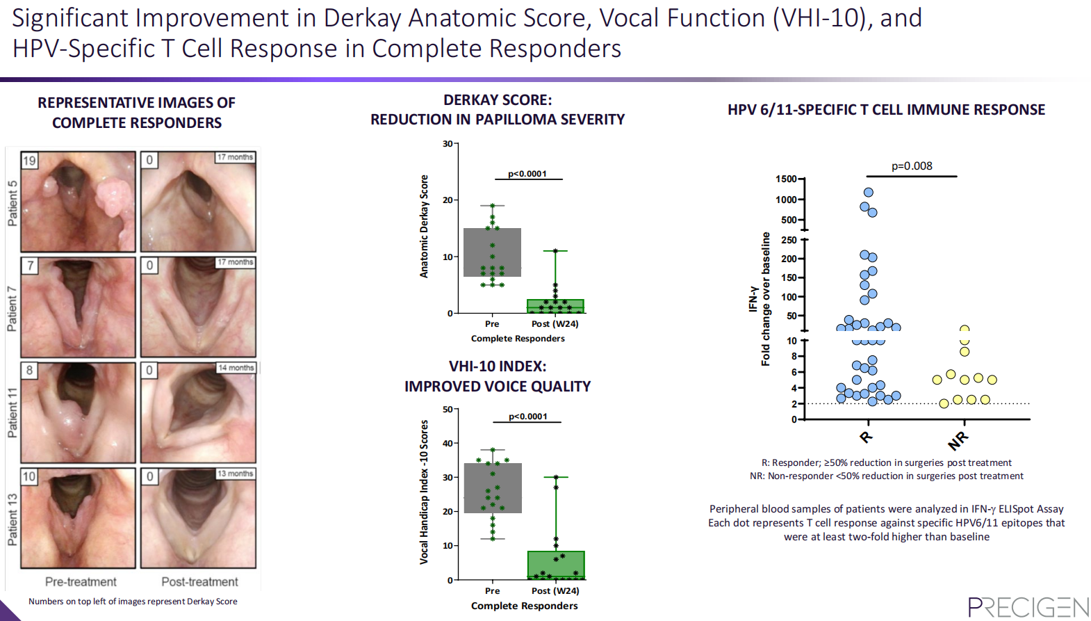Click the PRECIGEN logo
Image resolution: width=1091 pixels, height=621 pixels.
[1028, 606]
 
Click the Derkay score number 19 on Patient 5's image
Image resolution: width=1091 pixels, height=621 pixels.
[29, 161]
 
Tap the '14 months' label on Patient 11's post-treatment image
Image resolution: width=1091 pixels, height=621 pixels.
[236, 368]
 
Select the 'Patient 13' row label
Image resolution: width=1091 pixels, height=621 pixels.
[13, 519]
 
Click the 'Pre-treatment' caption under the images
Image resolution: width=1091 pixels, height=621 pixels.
[81, 581]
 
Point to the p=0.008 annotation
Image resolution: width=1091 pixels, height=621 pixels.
[912, 166]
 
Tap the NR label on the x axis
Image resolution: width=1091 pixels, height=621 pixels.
[958, 440]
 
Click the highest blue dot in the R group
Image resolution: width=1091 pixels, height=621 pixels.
[869, 193]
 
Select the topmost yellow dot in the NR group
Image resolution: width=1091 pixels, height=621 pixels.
[965, 330]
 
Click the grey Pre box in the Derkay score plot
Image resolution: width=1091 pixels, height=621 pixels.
[492, 252]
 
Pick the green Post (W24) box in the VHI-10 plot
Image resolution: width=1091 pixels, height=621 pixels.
[555, 565]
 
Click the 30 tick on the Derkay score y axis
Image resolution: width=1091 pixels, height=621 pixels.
[448, 144]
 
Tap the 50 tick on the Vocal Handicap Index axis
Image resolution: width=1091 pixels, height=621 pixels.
[448, 410]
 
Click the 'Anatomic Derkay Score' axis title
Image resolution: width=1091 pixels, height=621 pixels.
[424, 226]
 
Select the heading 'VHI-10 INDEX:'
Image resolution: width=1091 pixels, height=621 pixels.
[498, 366]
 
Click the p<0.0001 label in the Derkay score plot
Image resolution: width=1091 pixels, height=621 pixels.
[527, 174]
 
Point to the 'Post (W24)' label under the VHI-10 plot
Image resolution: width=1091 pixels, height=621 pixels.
[555, 590]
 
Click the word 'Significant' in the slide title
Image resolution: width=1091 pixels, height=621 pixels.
[71, 18]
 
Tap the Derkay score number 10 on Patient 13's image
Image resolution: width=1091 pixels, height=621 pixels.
[28, 477]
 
